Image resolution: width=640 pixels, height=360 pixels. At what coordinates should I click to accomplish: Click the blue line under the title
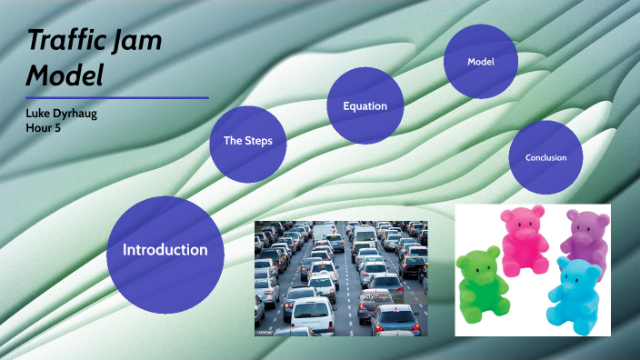pyautogui.click(x=117, y=97)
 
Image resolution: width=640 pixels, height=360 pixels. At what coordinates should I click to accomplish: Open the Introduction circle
pyautogui.click(x=165, y=249)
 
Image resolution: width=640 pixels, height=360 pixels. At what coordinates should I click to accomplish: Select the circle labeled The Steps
pyautogui.click(x=247, y=141)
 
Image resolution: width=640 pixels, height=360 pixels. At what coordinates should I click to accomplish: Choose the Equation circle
pyautogui.click(x=365, y=106)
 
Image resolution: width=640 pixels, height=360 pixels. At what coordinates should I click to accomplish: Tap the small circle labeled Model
pyautogui.click(x=480, y=62)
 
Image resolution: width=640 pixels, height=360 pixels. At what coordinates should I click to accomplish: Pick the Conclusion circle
pyautogui.click(x=545, y=157)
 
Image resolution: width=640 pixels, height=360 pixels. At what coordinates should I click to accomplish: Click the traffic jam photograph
pyautogui.click(x=340, y=278)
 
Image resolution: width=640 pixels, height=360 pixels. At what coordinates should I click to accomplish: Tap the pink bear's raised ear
pyautogui.click(x=537, y=212)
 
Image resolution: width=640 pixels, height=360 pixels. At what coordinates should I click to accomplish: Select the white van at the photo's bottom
pyautogui.click(x=312, y=318)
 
